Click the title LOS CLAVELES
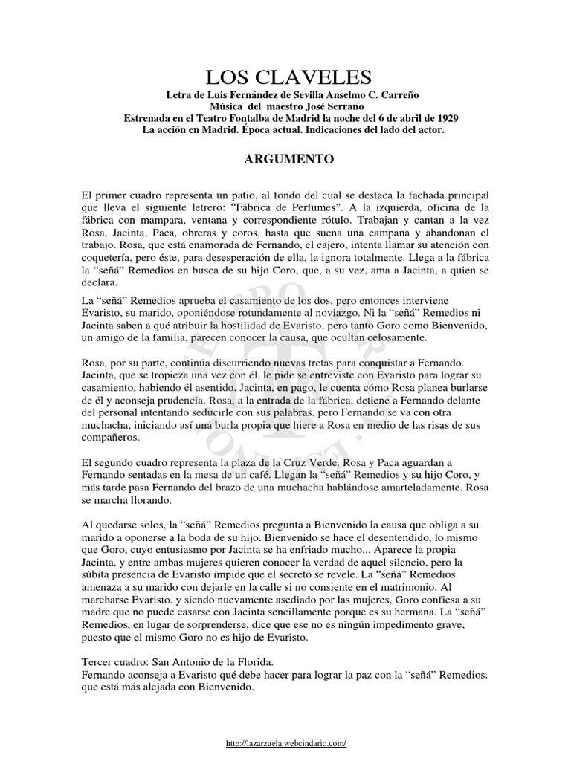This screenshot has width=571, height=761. click(x=285, y=77)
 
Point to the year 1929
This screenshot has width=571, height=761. click(x=443, y=118)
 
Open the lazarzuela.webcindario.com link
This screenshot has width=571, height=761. click(x=285, y=743)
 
